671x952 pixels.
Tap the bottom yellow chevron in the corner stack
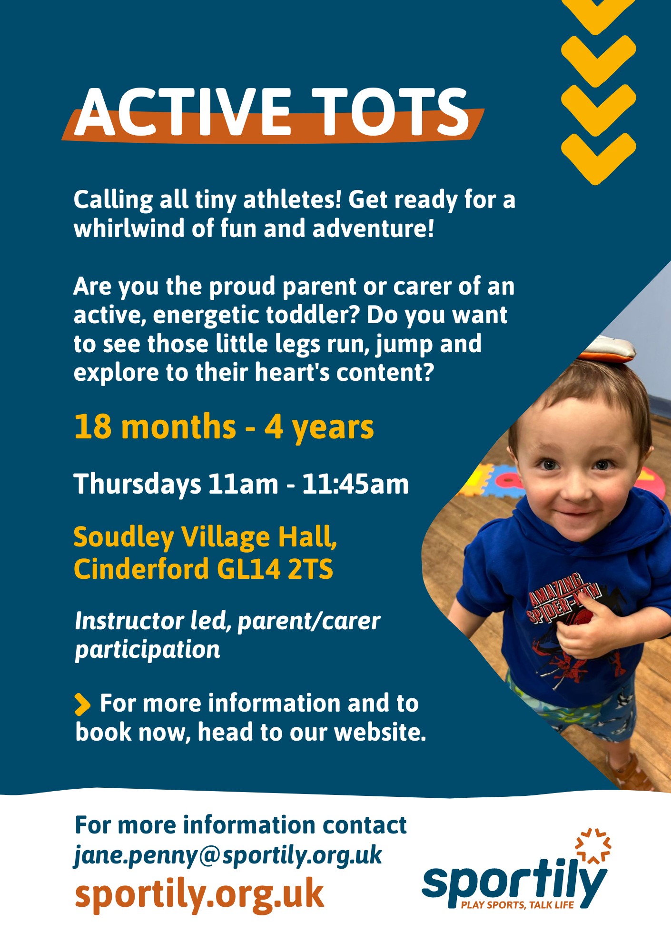598,159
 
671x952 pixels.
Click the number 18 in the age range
93,426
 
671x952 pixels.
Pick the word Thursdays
138,485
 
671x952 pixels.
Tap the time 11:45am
355,484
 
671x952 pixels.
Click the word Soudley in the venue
124,538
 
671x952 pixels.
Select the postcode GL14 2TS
275,569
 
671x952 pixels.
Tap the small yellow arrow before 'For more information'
82,704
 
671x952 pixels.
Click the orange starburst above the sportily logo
593,846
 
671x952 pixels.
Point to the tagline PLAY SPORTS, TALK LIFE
517,905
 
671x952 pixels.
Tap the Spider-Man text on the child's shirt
562,597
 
